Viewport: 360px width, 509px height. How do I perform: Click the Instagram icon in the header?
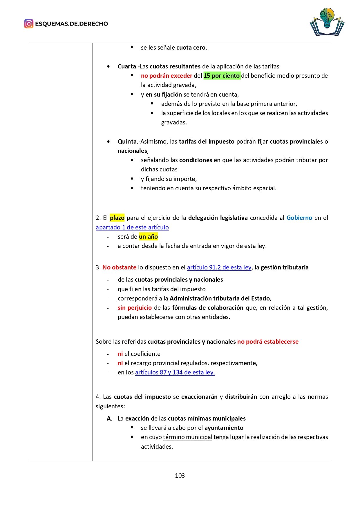coord(29,24)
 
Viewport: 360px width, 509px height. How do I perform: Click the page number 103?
coord(180,475)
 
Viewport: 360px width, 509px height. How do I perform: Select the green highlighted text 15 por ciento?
coord(222,76)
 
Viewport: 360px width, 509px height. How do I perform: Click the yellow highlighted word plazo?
coord(117,218)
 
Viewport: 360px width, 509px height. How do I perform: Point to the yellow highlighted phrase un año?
coord(148,237)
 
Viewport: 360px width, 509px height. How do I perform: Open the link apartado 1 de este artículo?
coord(132,227)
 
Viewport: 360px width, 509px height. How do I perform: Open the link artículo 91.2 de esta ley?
coord(219,267)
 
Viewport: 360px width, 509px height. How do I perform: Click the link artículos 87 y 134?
coord(175,372)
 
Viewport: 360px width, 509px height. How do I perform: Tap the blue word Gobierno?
coord(299,218)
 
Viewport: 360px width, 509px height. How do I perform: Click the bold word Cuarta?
coord(127,66)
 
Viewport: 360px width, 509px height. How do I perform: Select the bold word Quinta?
coord(127,142)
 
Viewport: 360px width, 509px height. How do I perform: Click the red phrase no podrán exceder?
coord(167,76)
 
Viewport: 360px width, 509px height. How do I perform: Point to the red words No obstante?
coord(119,267)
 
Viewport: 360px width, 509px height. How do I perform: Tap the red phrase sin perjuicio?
coord(135,308)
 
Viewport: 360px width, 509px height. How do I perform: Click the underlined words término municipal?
coord(188,437)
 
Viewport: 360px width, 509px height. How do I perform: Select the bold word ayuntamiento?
coord(224,428)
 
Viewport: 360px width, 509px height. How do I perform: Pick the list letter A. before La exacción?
coord(110,419)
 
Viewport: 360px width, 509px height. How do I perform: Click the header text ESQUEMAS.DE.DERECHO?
coord(71,24)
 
